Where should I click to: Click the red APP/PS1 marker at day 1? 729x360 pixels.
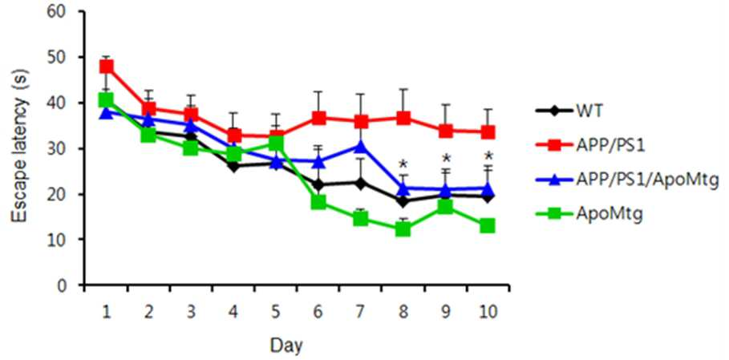click(107, 67)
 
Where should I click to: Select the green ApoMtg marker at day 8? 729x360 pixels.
click(403, 229)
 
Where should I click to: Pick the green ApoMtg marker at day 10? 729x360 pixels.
click(488, 226)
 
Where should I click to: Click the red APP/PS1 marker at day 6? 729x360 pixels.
click(318, 118)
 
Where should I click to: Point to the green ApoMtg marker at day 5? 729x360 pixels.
click(276, 143)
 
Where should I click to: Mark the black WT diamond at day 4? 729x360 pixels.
click(233, 165)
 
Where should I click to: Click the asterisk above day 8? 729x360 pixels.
click(403, 164)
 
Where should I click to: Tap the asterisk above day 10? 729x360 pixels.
click(488, 156)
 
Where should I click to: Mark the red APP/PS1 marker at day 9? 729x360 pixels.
click(445, 131)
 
